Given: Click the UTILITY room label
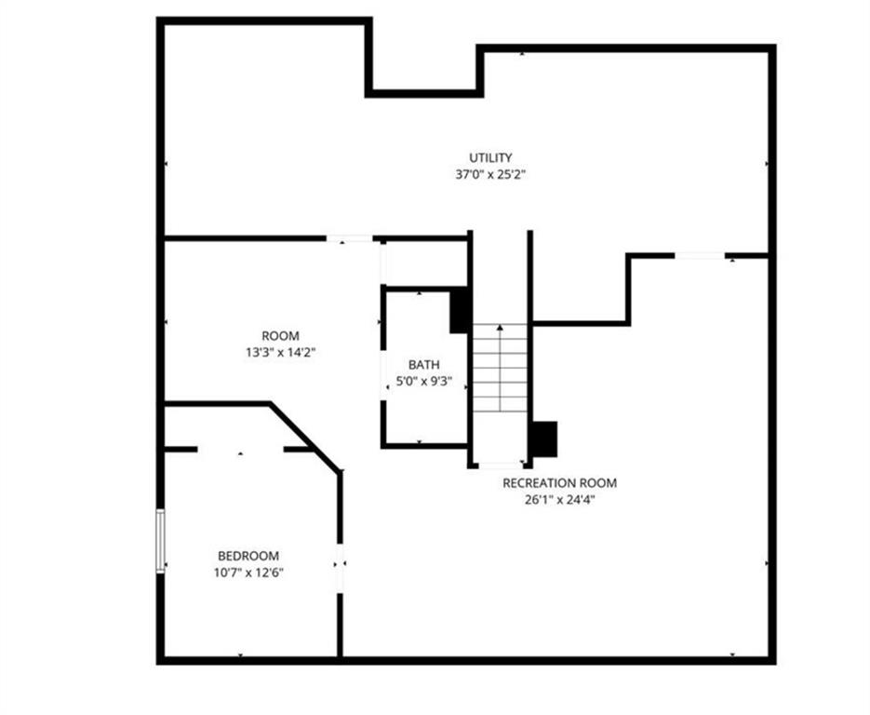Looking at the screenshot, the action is click(x=490, y=157).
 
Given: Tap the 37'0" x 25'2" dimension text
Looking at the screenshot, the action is click(x=490, y=174).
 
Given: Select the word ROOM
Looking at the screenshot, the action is click(x=281, y=336).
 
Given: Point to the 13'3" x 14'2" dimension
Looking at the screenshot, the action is click(x=281, y=353).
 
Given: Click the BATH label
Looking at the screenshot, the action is click(x=424, y=365).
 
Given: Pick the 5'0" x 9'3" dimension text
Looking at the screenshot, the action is click(x=424, y=382).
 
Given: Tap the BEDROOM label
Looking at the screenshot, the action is click(x=248, y=556).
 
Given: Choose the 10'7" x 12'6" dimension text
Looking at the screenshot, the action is click(x=248, y=573).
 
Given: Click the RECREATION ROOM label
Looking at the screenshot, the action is click(x=560, y=483).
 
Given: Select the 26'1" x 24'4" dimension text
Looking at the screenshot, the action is click(x=560, y=500).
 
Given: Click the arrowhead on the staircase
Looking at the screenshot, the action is click(x=500, y=328).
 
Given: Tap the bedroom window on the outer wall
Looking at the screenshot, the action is click(x=160, y=541).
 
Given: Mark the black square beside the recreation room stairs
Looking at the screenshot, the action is click(x=545, y=439).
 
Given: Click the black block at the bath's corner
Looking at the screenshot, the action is click(x=460, y=310).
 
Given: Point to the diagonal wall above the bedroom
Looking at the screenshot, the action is click(x=304, y=437).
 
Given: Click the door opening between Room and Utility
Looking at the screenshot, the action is click(x=349, y=238).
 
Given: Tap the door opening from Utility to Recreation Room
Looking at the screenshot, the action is click(x=700, y=255).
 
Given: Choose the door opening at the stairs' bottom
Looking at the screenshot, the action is click(x=501, y=465).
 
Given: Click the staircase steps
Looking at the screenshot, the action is click(x=500, y=368).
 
